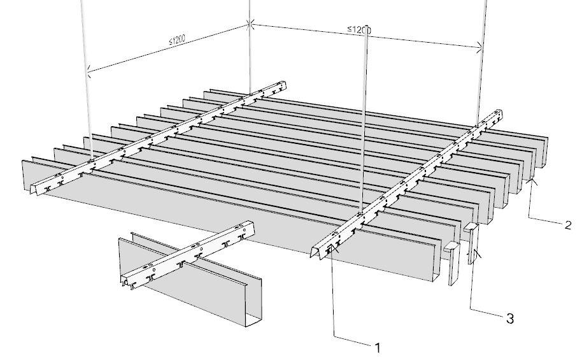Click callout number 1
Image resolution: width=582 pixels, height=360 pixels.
coord(378,348)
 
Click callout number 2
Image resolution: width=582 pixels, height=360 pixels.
coord(567,225)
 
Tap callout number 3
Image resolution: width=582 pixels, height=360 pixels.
coord(510,319)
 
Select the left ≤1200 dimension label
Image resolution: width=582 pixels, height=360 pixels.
coord(177,40)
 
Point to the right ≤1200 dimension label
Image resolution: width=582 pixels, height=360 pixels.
coord(359,29)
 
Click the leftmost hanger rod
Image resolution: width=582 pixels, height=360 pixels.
coord(86,80)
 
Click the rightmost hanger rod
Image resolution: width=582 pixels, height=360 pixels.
coord(482,63)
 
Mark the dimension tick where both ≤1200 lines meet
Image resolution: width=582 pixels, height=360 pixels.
coord(250,24)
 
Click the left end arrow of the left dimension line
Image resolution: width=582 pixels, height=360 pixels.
coord(89,71)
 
